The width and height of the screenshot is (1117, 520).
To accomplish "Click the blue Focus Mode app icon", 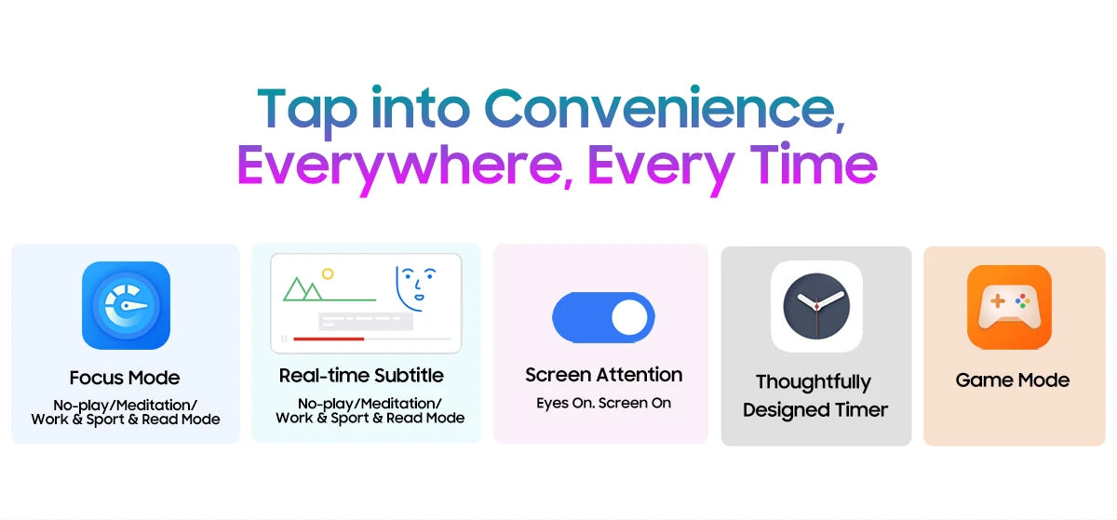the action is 127,305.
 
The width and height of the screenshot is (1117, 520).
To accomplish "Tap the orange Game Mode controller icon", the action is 1009,307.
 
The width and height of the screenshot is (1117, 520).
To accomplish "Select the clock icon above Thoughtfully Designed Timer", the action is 816,306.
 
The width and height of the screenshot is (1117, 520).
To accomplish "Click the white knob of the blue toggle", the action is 629,317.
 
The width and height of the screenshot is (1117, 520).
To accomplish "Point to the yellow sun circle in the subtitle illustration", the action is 328,273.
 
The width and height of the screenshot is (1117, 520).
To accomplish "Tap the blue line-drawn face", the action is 415,287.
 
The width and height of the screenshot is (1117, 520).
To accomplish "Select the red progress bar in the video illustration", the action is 329,339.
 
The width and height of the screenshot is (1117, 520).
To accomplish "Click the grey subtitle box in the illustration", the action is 366,322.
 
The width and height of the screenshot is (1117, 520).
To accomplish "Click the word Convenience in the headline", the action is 665,108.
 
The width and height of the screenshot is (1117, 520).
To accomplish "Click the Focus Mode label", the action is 125,378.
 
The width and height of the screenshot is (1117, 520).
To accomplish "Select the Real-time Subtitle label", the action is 361,376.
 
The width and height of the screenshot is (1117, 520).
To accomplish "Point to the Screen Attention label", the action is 604,375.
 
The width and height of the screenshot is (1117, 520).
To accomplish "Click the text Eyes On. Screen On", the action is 604,403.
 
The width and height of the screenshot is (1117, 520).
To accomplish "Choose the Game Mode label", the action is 1013,380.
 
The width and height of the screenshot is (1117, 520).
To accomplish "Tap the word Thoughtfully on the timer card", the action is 814,382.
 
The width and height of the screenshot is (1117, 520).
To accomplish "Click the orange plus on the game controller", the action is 998,300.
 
